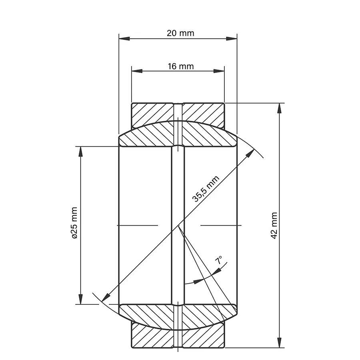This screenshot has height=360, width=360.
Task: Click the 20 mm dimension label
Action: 180,33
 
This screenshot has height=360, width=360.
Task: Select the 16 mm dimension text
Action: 181,66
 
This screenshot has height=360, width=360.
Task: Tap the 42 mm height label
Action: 274,226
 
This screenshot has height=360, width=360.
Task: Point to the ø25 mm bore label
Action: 74,223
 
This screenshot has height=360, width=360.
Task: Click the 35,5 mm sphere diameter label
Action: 206,189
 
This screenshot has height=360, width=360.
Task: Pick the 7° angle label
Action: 219,260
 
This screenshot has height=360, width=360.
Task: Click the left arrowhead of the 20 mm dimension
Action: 124,38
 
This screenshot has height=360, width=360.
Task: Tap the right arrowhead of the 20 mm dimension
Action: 232,38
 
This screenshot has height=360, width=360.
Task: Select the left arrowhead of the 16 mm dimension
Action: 137,71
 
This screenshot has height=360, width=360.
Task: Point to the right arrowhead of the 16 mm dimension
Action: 219,71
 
